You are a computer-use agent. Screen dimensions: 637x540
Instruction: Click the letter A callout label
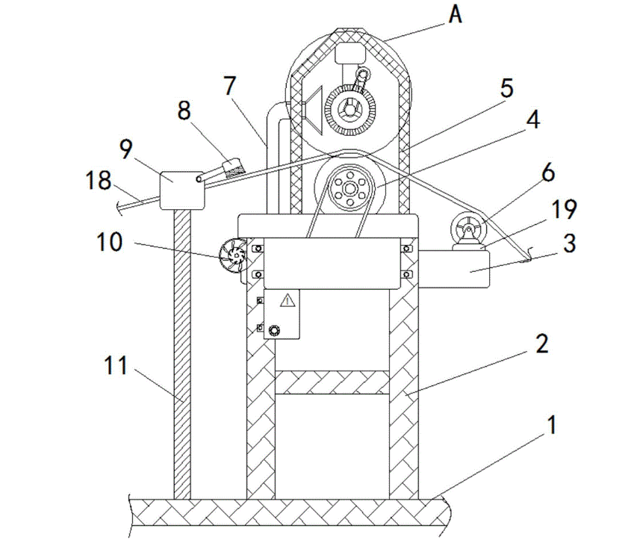coord(456,15)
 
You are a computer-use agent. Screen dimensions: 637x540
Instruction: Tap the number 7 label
coord(229,86)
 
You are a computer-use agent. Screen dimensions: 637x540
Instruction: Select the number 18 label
coord(99,180)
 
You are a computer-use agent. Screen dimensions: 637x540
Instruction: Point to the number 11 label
coord(116,365)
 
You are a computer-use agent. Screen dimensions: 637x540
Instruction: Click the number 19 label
coord(565,209)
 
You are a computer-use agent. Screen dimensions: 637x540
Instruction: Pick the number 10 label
coord(110,242)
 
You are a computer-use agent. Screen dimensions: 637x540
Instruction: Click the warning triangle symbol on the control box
coord(288,300)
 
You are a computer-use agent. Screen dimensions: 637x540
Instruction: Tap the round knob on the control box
coord(275,329)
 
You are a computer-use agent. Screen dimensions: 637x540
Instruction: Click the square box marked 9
coord(182,190)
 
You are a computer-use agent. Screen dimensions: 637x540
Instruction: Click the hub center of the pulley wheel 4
coord(349,188)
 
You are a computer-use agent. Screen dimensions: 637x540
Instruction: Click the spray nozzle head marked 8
coord(233,168)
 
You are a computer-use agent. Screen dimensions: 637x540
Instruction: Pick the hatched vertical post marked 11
coord(182,354)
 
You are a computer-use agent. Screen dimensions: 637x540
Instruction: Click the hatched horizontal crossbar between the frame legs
coord(332,382)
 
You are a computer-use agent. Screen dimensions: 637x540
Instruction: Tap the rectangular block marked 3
coord(454,269)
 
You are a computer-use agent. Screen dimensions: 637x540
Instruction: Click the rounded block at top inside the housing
coord(349,53)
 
